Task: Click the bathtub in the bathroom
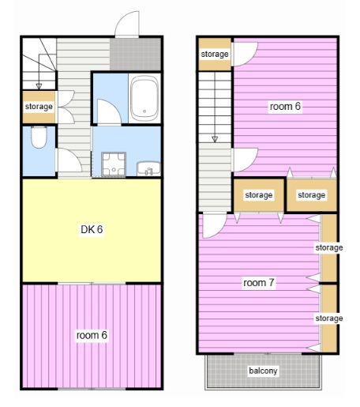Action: pyautogui.click(x=144, y=99)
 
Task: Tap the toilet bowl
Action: pyautogui.click(x=39, y=137)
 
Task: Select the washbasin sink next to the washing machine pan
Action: pyautogui.click(x=148, y=168)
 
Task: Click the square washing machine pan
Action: pyautogui.click(x=114, y=164)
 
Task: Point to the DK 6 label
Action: pyautogui.click(x=92, y=229)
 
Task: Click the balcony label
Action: pyautogui.click(x=263, y=371)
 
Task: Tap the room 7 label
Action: pyautogui.click(x=259, y=283)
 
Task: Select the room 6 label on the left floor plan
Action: pyautogui.click(x=92, y=335)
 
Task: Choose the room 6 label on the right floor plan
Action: pyautogui.click(x=285, y=106)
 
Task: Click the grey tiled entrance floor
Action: pyautogui.click(x=135, y=54)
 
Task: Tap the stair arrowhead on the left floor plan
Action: pyautogui.click(x=39, y=86)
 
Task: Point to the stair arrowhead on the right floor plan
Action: pyautogui.click(x=215, y=139)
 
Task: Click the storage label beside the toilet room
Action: pyautogui.click(x=39, y=107)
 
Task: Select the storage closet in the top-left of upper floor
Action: pyautogui.click(x=215, y=55)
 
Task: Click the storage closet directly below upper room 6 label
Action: pyautogui.click(x=259, y=195)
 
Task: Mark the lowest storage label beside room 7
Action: pyautogui.click(x=329, y=318)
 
